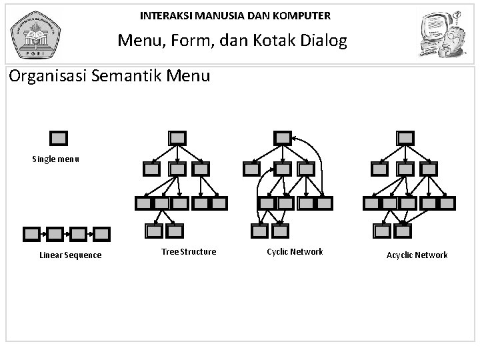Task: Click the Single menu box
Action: tap(59, 138)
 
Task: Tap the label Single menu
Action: tap(56, 159)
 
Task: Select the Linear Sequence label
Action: tap(71, 255)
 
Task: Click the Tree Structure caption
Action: tap(189, 251)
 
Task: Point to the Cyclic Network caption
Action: tap(295, 251)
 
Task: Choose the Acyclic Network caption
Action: tap(417, 255)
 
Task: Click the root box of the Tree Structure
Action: tap(177, 138)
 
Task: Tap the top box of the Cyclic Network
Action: tap(283, 138)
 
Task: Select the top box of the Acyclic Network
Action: tap(404, 138)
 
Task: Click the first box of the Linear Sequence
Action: tap(31, 234)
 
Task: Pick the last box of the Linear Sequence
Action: tap(101, 234)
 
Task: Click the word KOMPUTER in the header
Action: tap(304, 15)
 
